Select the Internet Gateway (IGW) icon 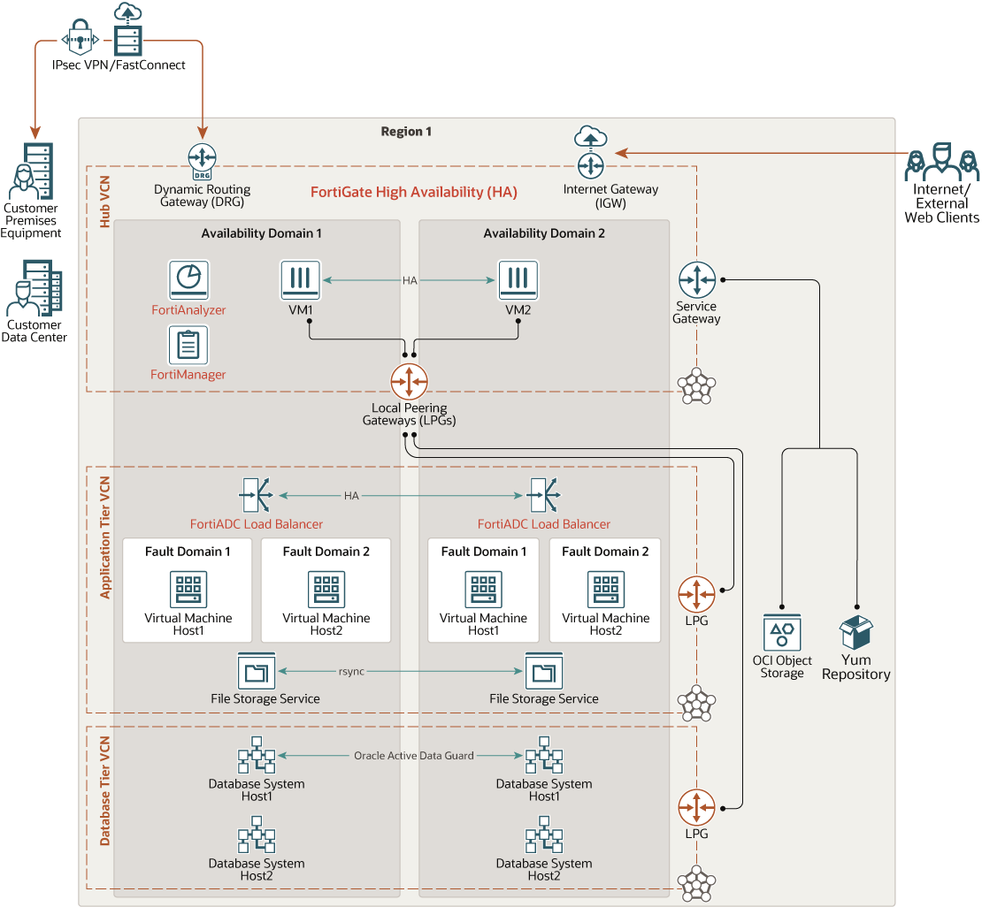click(590, 164)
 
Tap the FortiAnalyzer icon click(188, 279)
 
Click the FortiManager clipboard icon click(188, 345)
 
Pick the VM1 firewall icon click(300, 280)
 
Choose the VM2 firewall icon click(518, 280)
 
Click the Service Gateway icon click(696, 279)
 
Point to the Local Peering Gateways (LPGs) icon click(409, 381)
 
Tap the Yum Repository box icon click(855, 633)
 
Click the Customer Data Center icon click(35, 288)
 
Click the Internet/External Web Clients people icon click(942, 161)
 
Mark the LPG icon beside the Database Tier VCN click(696, 807)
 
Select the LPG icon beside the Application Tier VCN click(696, 594)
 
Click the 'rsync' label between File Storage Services click(351, 672)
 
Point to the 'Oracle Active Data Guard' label click(413, 756)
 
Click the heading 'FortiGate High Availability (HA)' click(413, 192)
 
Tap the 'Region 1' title click(406, 132)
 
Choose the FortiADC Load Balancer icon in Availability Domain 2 click(542, 495)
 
